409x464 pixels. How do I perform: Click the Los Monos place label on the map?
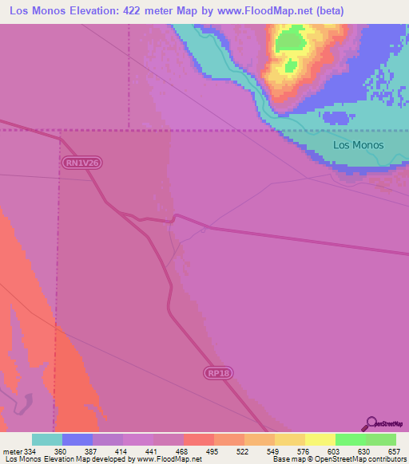click(x=358, y=145)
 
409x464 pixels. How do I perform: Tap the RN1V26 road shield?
click(x=83, y=163)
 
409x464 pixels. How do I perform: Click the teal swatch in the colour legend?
click(x=47, y=440)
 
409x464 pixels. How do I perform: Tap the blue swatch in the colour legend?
click(x=77, y=440)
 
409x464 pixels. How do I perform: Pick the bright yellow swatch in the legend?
click(x=320, y=440)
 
